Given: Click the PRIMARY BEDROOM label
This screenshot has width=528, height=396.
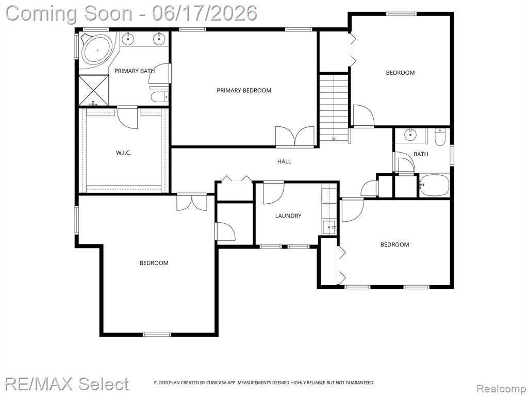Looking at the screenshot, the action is [244, 90].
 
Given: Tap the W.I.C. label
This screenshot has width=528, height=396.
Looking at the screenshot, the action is [124, 153].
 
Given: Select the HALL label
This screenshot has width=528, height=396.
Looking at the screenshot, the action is [284, 161].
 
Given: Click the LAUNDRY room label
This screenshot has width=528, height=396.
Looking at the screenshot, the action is [288, 216].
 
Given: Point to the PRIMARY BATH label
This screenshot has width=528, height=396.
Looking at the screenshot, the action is [135, 71].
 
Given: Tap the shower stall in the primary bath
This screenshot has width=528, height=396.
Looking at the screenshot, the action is [94, 91].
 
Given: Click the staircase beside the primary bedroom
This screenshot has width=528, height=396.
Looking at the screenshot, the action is [334, 107].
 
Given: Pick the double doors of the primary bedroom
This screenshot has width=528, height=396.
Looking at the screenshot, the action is [295, 136].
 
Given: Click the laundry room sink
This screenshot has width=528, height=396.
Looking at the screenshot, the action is [329, 227].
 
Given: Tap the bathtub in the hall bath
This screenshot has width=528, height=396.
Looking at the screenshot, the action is [434, 185].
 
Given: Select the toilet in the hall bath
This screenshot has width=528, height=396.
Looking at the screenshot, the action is [440, 137].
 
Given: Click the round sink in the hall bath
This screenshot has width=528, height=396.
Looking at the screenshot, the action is [410, 135].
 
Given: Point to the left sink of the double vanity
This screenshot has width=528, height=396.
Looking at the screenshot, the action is [128, 39].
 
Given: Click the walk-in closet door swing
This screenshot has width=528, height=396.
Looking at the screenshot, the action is [127, 117].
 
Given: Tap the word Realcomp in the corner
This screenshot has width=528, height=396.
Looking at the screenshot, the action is [500, 389].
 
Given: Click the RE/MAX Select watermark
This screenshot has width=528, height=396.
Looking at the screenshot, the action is [67, 384].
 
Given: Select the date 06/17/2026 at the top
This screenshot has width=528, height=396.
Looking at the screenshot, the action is [204, 13].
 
